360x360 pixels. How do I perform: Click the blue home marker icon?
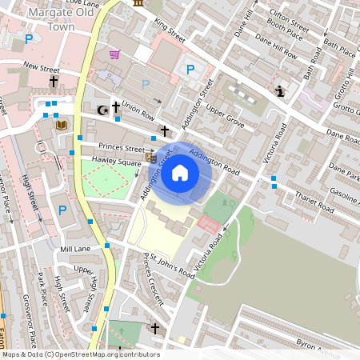pos(180,172)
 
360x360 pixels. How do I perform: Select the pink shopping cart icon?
pos(114,54)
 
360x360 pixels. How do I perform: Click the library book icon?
pos(62,126)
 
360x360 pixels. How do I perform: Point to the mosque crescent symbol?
pos(102,110)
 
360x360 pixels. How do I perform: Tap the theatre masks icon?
pos(150,157)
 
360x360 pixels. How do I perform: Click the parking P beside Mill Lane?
pos(62,210)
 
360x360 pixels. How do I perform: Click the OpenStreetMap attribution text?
pos(80,354)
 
